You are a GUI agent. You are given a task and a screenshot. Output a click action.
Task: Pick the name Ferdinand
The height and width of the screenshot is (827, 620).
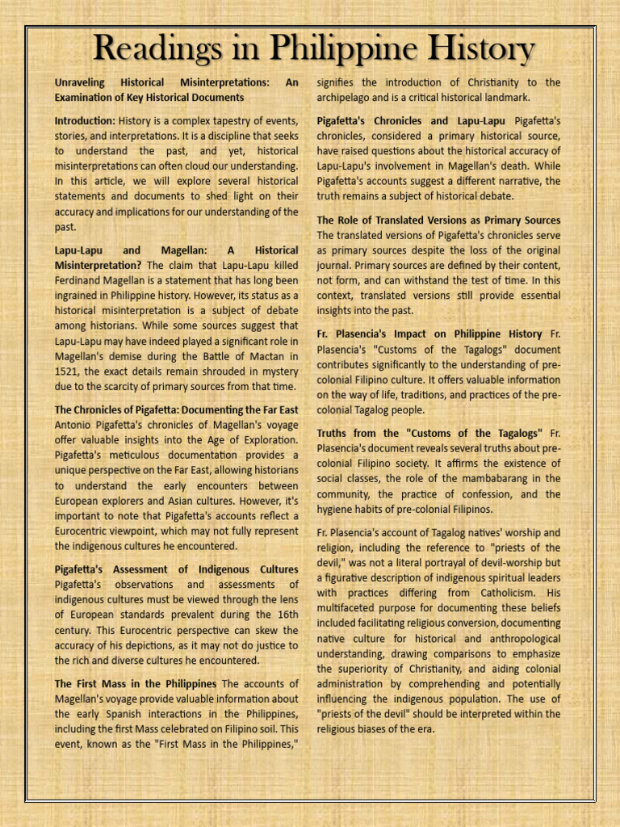[x=82, y=280]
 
